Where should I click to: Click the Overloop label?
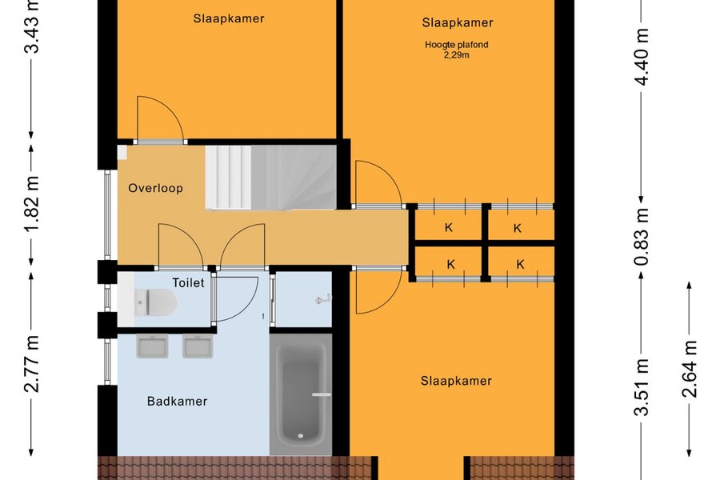(156, 188)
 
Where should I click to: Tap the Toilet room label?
(188, 282)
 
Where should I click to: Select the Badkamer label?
(178, 401)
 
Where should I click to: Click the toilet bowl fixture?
(156, 302)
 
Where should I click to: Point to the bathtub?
(301, 394)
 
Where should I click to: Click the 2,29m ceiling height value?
(457, 55)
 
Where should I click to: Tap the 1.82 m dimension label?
(33, 204)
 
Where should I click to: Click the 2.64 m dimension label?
(690, 369)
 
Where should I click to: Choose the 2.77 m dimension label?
(32, 364)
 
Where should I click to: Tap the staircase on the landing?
(271, 178)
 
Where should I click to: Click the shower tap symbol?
(323, 299)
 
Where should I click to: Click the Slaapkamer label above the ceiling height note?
(458, 22)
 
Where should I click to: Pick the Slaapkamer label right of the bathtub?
(457, 381)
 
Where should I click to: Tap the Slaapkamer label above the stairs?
(229, 18)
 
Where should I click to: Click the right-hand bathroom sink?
(198, 346)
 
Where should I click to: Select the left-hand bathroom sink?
(152, 346)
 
